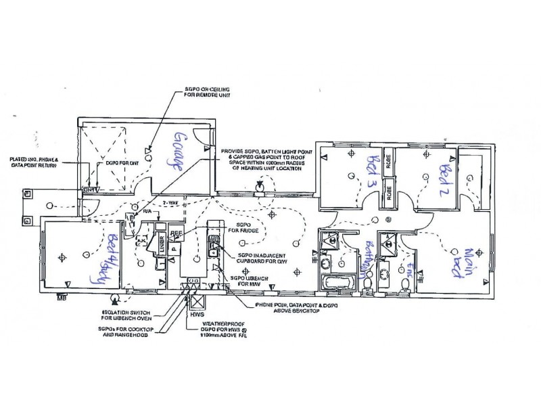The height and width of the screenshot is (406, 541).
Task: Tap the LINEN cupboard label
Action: pos(162,244)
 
